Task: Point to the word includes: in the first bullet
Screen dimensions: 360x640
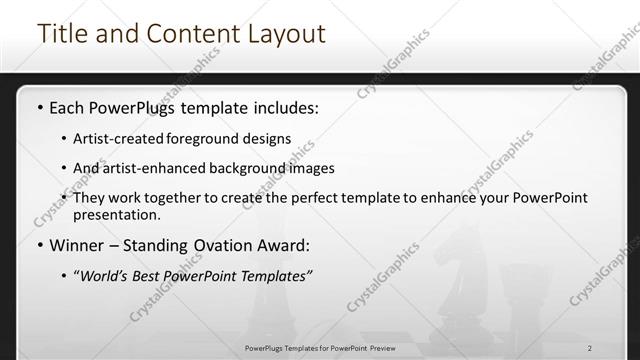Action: click(x=285, y=106)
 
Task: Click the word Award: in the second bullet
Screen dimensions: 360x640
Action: click(x=283, y=245)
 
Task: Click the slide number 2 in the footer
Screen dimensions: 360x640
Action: click(x=591, y=349)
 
